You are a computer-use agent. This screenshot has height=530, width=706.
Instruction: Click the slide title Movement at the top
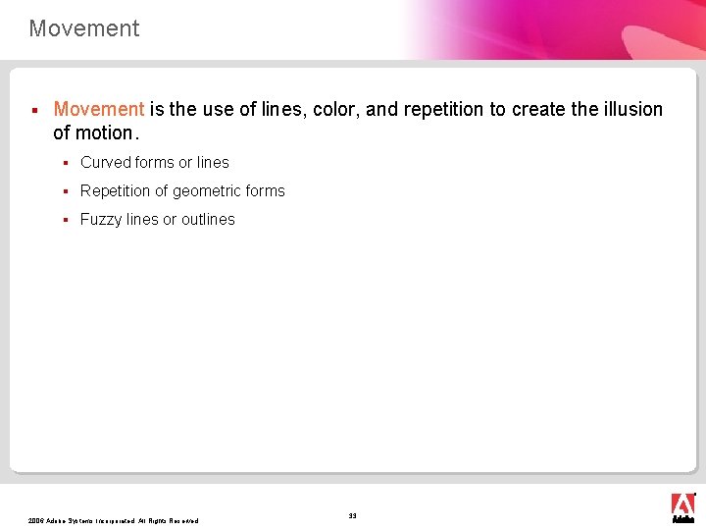point(84,28)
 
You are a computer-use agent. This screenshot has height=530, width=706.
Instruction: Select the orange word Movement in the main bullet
point(99,110)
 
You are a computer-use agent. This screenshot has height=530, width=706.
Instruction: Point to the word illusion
point(633,110)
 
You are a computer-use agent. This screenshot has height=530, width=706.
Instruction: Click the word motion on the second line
point(110,132)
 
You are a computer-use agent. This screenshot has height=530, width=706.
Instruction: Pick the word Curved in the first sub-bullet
point(106,163)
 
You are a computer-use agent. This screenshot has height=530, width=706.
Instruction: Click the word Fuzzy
point(100,220)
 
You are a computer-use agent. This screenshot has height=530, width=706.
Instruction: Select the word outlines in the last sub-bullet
point(208,220)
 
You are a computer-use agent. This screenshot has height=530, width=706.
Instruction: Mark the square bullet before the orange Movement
point(33,110)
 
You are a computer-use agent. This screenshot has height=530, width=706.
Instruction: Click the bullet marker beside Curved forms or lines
point(64,163)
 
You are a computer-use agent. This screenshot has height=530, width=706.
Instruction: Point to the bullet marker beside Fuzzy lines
point(64,220)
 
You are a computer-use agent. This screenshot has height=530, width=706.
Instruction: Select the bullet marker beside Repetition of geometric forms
point(64,191)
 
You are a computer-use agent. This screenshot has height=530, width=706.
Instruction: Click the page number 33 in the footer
point(353,515)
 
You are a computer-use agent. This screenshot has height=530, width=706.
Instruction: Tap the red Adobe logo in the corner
point(682,504)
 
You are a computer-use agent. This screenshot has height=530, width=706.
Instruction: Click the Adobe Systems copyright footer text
point(114,521)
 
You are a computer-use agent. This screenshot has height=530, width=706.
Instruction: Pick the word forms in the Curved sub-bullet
point(155,163)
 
